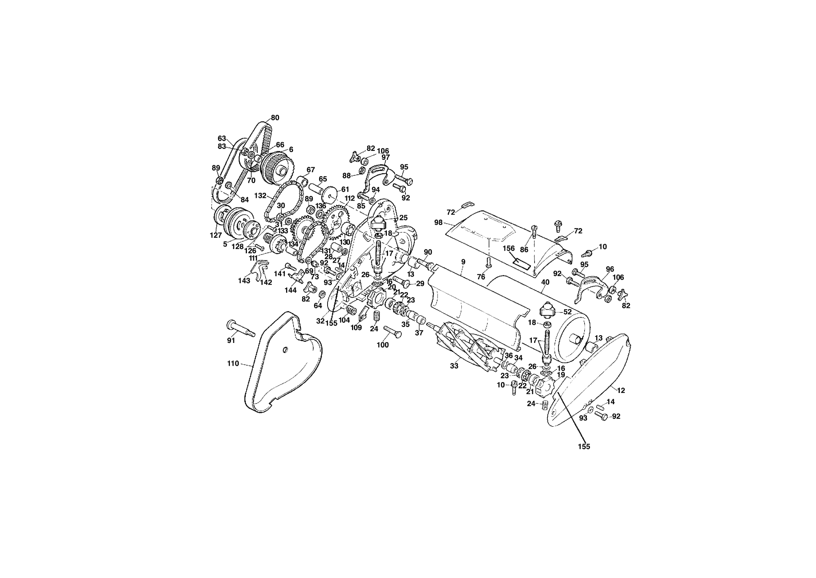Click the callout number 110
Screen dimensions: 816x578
click(233, 363)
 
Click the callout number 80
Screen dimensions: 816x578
click(275, 118)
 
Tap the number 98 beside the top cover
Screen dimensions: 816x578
click(438, 223)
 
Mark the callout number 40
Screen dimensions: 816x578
click(545, 282)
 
